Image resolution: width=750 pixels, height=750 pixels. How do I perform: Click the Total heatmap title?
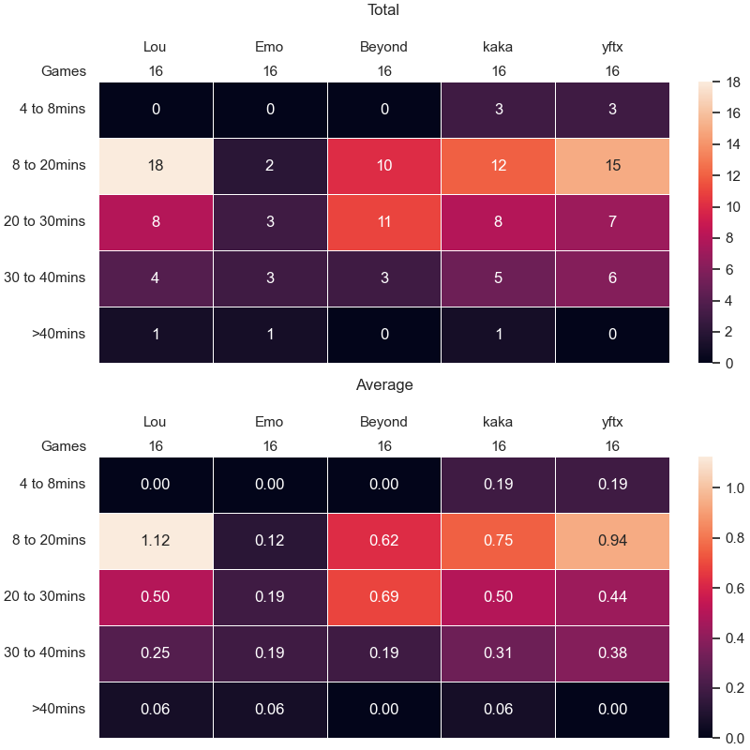click(x=383, y=9)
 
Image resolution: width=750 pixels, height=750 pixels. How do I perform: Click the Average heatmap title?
click(x=384, y=384)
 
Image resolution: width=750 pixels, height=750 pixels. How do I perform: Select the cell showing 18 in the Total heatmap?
click(x=156, y=166)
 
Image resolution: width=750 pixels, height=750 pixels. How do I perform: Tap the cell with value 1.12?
click(x=156, y=541)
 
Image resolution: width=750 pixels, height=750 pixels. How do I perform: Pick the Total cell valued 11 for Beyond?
click(x=384, y=222)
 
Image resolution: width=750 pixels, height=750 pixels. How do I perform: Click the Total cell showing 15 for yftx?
click(x=612, y=166)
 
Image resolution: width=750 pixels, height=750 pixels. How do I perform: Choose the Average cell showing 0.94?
click(x=612, y=541)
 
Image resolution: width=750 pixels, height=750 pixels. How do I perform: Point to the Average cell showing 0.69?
click(x=384, y=597)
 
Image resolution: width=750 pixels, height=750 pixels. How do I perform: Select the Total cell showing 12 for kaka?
click(x=498, y=166)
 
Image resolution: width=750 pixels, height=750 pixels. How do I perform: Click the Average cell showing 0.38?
click(x=612, y=653)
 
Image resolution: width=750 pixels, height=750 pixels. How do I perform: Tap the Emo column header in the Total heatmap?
click(x=269, y=47)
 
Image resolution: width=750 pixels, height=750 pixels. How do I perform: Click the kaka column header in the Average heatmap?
click(x=498, y=422)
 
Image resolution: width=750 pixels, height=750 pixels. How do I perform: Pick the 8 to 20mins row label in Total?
click(x=49, y=165)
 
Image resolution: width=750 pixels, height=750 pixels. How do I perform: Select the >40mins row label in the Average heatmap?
click(x=58, y=709)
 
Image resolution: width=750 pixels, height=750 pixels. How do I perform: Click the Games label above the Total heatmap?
click(x=64, y=71)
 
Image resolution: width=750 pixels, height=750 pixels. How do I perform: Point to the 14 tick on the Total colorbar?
click(x=733, y=144)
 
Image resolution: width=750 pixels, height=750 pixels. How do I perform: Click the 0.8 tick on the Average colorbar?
click(x=735, y=538)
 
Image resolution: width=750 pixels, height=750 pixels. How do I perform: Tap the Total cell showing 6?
click(x=612, y=278)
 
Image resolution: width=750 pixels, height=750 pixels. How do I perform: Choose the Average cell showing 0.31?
click(x=498, y=653)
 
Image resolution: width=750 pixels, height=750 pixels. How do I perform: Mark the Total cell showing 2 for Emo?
click(x=270, y=166)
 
